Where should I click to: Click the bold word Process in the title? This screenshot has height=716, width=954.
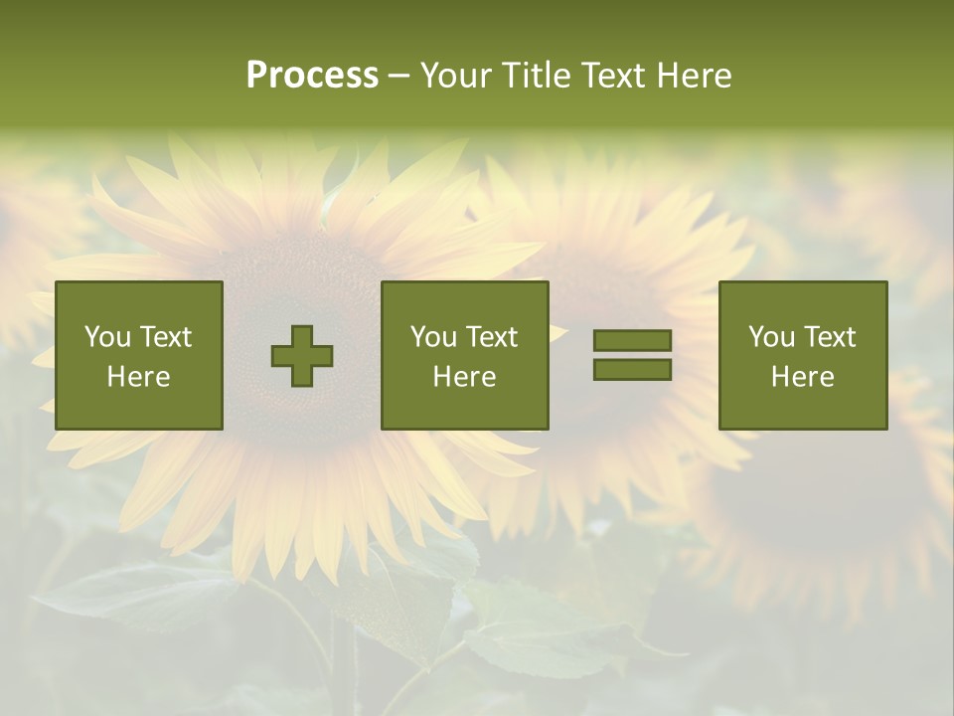(312, 76)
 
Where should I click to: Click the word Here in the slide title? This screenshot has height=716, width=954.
(695, 76)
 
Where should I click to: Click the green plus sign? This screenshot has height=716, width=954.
(302, 356)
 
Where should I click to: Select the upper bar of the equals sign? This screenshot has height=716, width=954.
(632, 341)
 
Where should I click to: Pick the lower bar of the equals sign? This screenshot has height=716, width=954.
(632, 369)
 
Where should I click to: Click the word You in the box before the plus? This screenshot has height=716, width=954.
(107, 337)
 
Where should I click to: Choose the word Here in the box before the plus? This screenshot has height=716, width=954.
(138, 377)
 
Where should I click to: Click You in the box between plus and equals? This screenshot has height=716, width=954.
(433, 337)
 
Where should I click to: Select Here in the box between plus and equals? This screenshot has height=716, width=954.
(464, 377)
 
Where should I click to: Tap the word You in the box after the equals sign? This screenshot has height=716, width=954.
(771, 337)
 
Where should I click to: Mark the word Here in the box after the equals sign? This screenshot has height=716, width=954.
(802, 377)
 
